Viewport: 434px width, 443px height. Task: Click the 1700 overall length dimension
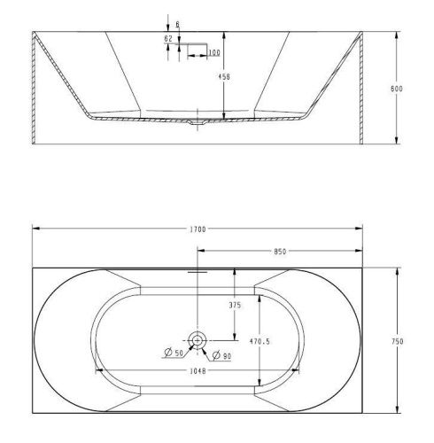click(198, 229)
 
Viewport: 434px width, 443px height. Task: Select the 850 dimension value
click(280, 252)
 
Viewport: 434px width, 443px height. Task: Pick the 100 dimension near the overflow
click(213, 54)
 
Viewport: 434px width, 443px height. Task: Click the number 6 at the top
click(177, 24)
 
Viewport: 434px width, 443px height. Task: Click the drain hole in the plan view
click(197, 339)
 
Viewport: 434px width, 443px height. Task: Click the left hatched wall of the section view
click(35, 89)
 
